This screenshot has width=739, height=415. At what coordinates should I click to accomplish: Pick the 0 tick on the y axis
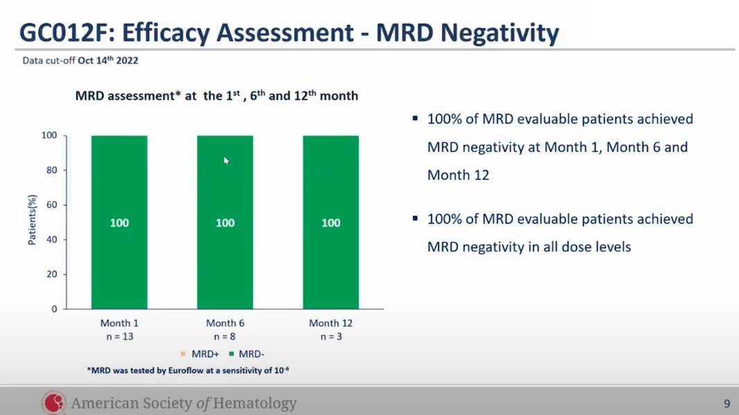(x=53, y=309)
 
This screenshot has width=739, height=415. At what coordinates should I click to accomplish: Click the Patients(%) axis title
(x=32, y=220)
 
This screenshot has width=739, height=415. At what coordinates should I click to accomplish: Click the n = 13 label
(x=119, y=337)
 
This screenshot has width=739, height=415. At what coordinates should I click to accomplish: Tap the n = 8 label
(x=225, y=337)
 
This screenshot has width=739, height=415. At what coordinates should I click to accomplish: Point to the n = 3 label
(x=331, y=337)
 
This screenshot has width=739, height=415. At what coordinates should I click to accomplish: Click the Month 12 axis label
(x=331, y=323)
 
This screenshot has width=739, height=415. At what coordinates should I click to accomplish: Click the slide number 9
(x=727, y=403)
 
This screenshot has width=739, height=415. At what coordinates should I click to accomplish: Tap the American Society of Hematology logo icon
(x=53, y=403)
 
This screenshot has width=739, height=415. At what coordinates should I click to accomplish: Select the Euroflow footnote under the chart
(x=187, y=371)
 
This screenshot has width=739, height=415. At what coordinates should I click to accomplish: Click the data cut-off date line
(x=80, y=61)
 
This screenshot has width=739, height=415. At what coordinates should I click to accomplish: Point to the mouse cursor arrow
(x=226, y=161)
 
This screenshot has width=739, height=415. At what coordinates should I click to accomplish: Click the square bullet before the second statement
(x=415, y=219)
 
